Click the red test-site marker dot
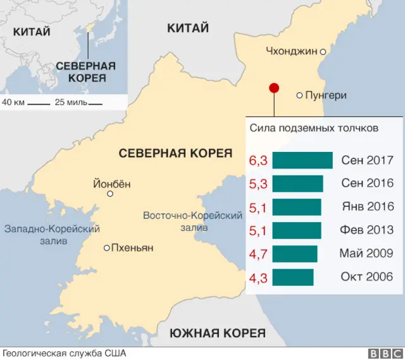click(x=274, y=89)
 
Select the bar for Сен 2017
click(x=302, y=161)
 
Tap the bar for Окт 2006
click(x=293, y=276)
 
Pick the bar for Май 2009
click(x=295, y=254)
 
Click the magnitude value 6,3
click(x=258, y=161)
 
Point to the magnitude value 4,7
click(x=258, y=254)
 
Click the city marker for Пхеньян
click(x=107, y=248)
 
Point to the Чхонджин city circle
click(x=323, y=52)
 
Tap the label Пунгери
click(x=326, y=96)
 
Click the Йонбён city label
click(x=112, y=184)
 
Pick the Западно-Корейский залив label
click(x=53, y=234)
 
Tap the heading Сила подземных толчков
click(x=314, y=128)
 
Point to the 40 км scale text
click(x=13, y=102)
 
